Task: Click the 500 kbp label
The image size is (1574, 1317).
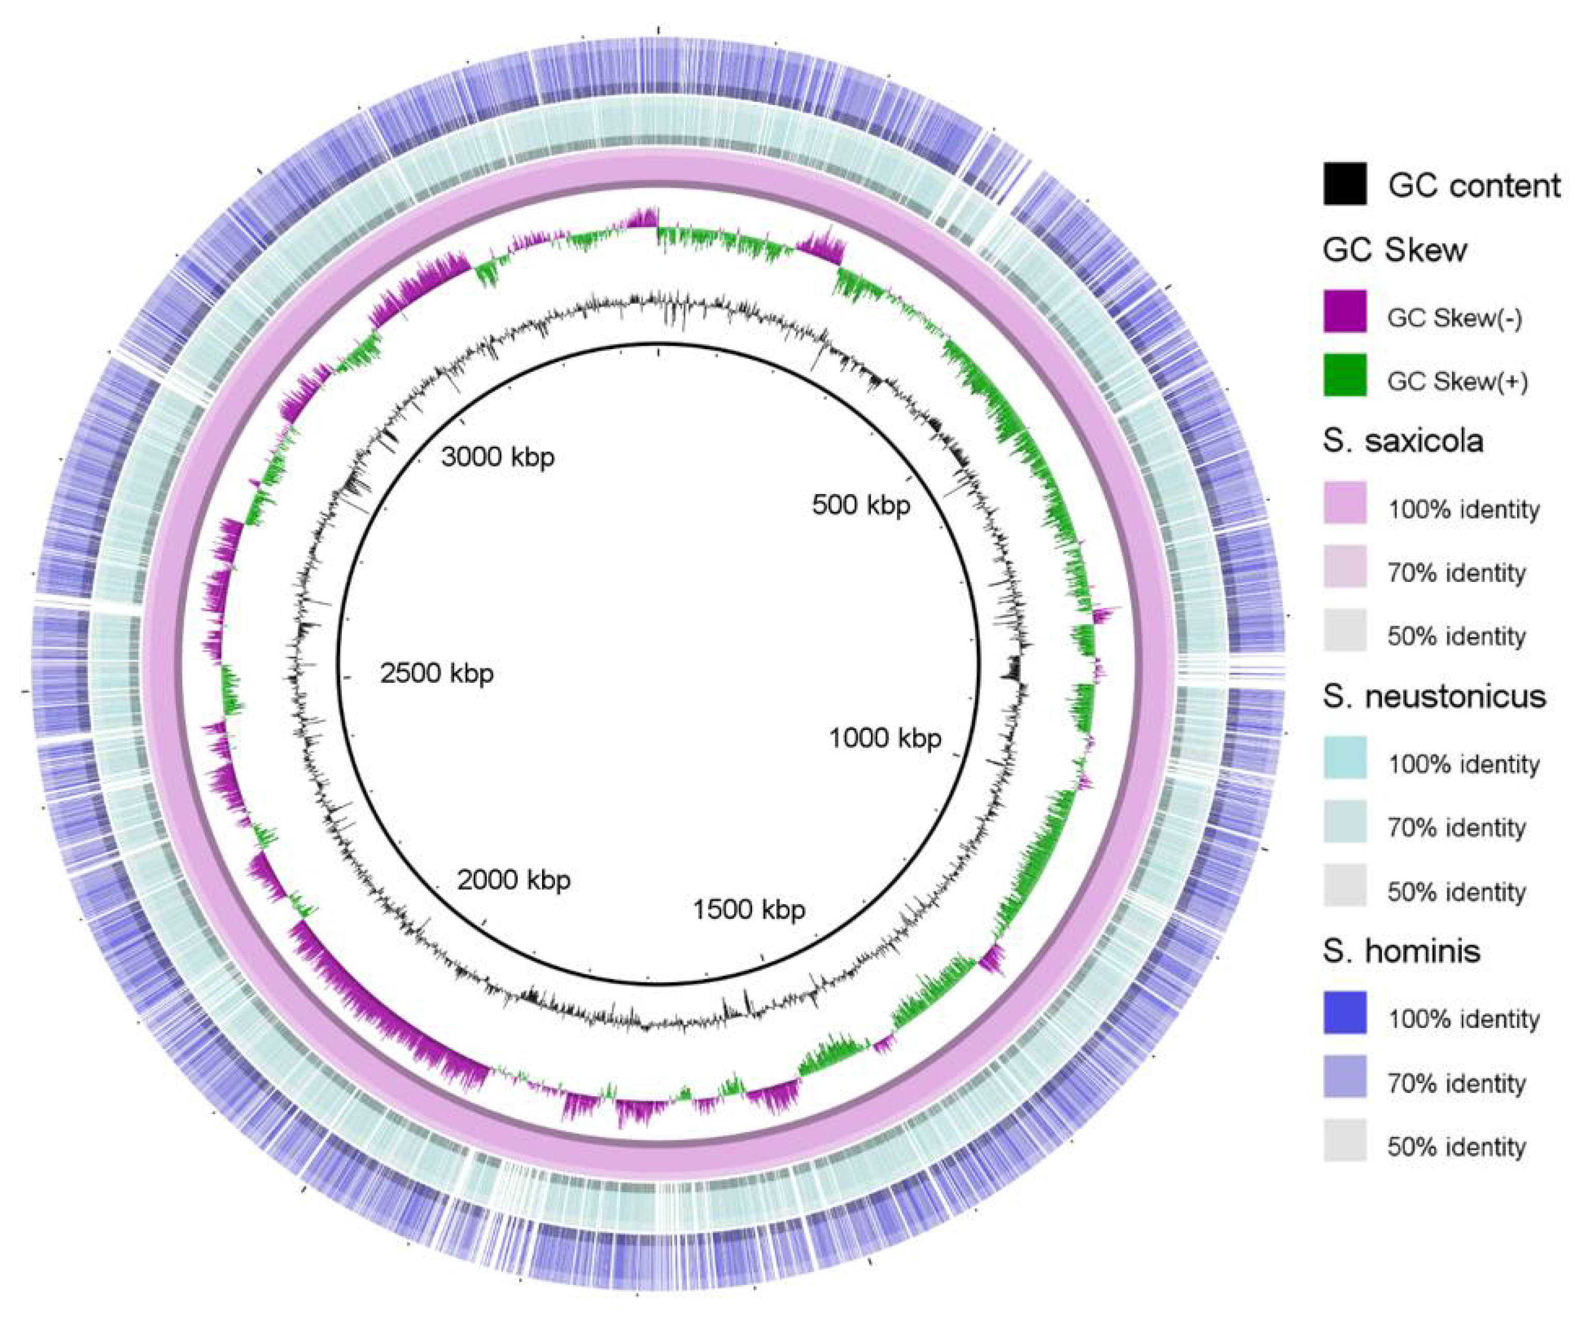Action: coord(861,506)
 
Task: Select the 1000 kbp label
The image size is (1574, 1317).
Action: coord(885,739)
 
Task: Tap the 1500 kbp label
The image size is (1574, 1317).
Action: coord(749,910)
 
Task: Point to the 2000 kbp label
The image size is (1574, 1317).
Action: coord(514,879)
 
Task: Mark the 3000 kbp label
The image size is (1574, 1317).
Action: coord(498,456)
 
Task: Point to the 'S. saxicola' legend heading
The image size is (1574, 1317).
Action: coord(1403,441)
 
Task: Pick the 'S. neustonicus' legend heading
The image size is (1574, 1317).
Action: coord(1434,696)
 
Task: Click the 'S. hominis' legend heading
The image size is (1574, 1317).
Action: coord(1402,951)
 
